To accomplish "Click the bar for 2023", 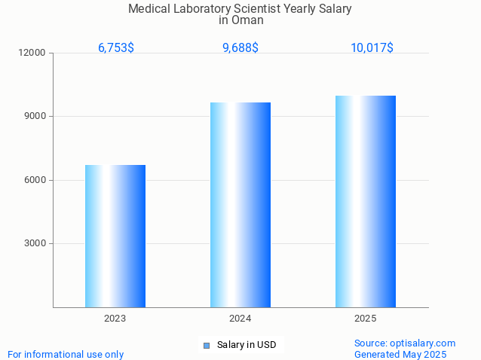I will point(115,236).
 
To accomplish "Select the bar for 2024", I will point(240,204).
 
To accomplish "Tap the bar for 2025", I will point(366,201).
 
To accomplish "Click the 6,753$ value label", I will point(116,48).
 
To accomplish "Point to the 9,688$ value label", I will point(240,48).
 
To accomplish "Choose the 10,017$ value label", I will point(372,48).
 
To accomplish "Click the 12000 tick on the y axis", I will point(33,53).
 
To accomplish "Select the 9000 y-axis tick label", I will point(35,117).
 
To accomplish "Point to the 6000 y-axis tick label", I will point(35,180).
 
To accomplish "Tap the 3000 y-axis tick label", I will point(35,244).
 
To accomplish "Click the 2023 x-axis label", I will point(115,319).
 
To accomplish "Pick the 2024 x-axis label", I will point(240,319).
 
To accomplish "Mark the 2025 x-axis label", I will point(366,319).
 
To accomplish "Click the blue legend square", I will point(206,346).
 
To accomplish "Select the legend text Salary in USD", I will point(247,345).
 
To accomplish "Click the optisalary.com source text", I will point(405,343).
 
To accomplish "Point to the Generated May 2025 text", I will point(400,354).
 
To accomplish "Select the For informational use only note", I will point(66,354).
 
